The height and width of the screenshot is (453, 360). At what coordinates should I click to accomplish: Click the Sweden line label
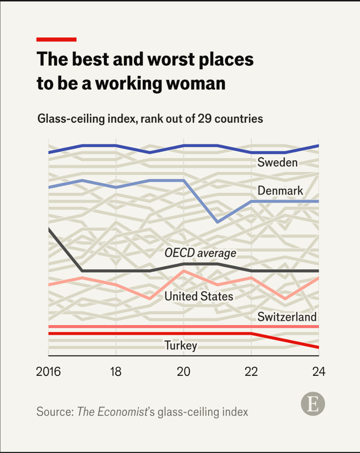[x=278, y=162]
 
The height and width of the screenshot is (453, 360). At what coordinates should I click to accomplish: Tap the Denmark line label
[x=280, y=190]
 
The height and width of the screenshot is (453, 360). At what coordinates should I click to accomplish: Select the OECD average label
[x=200, y=253]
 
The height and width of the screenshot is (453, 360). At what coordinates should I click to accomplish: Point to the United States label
[x=199, y=296]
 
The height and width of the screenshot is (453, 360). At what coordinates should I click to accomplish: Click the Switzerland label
[x=287, y=317]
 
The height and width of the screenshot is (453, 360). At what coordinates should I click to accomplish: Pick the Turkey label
[x=181, y=345]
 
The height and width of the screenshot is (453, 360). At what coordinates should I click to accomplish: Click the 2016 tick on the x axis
[x=49, y=371]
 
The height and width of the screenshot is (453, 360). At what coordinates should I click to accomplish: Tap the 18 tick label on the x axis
[x=116, y=371]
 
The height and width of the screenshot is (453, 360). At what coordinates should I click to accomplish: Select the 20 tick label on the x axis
[x=183, y=371]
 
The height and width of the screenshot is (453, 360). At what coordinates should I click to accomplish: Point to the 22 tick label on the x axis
[x=251, y=371]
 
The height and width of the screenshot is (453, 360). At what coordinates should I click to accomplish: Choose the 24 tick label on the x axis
[x=318, y=371]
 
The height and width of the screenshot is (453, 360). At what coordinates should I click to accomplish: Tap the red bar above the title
[x=56, y=39]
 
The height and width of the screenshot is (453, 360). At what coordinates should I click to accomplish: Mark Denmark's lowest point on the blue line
[x=217, y=222]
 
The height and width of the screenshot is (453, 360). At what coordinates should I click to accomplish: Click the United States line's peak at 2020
[x=183, y=271]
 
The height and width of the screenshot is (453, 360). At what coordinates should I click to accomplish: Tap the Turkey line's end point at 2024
[x=318, y=347]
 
